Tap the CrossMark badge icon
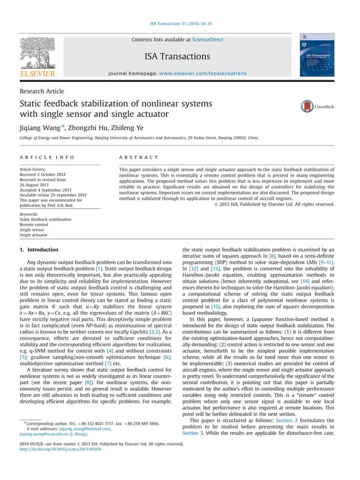click(308, 106)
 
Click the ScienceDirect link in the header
click(208, 39)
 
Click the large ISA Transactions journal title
click(177, 56)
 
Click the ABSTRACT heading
click(139, 157)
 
